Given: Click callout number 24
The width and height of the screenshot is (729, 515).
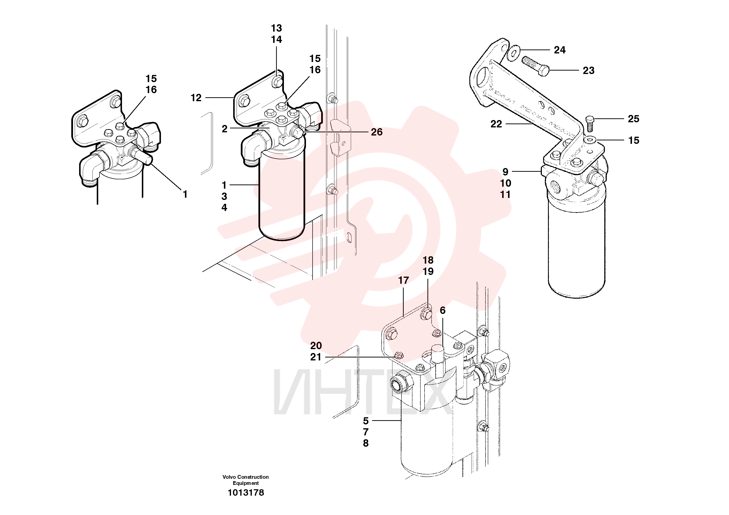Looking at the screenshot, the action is point(560,50).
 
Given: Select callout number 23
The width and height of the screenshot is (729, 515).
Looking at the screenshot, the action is point(588,71).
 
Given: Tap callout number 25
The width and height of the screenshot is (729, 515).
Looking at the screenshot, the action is point(633,119).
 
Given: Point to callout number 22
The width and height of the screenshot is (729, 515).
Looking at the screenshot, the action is point(496,124).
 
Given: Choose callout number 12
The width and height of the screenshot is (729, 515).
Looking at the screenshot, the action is point(196,98).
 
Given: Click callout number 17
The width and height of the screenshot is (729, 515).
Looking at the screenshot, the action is point(403,280).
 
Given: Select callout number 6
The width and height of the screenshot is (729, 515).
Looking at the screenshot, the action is point(443,310).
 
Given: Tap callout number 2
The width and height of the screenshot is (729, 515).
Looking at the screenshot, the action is point(224,129).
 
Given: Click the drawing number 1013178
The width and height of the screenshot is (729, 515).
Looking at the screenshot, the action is point(246,492).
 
